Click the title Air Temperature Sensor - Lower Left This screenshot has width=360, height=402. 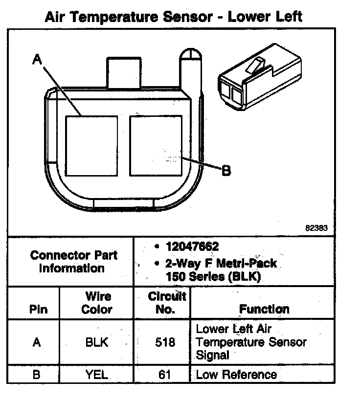[173, 17]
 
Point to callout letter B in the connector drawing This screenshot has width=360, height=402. [226, 171]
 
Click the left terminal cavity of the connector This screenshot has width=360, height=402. [91, 146]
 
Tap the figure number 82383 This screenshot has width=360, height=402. [316, 228]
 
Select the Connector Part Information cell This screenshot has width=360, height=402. [73, 262]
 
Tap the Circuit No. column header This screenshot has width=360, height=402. [167, 303]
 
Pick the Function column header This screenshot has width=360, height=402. [264, 309]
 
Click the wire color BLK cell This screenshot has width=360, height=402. [97, 342]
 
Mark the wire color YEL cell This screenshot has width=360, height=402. [97, 376]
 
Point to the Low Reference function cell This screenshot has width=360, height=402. [236, 375]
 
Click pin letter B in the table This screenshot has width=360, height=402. [36, 376]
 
